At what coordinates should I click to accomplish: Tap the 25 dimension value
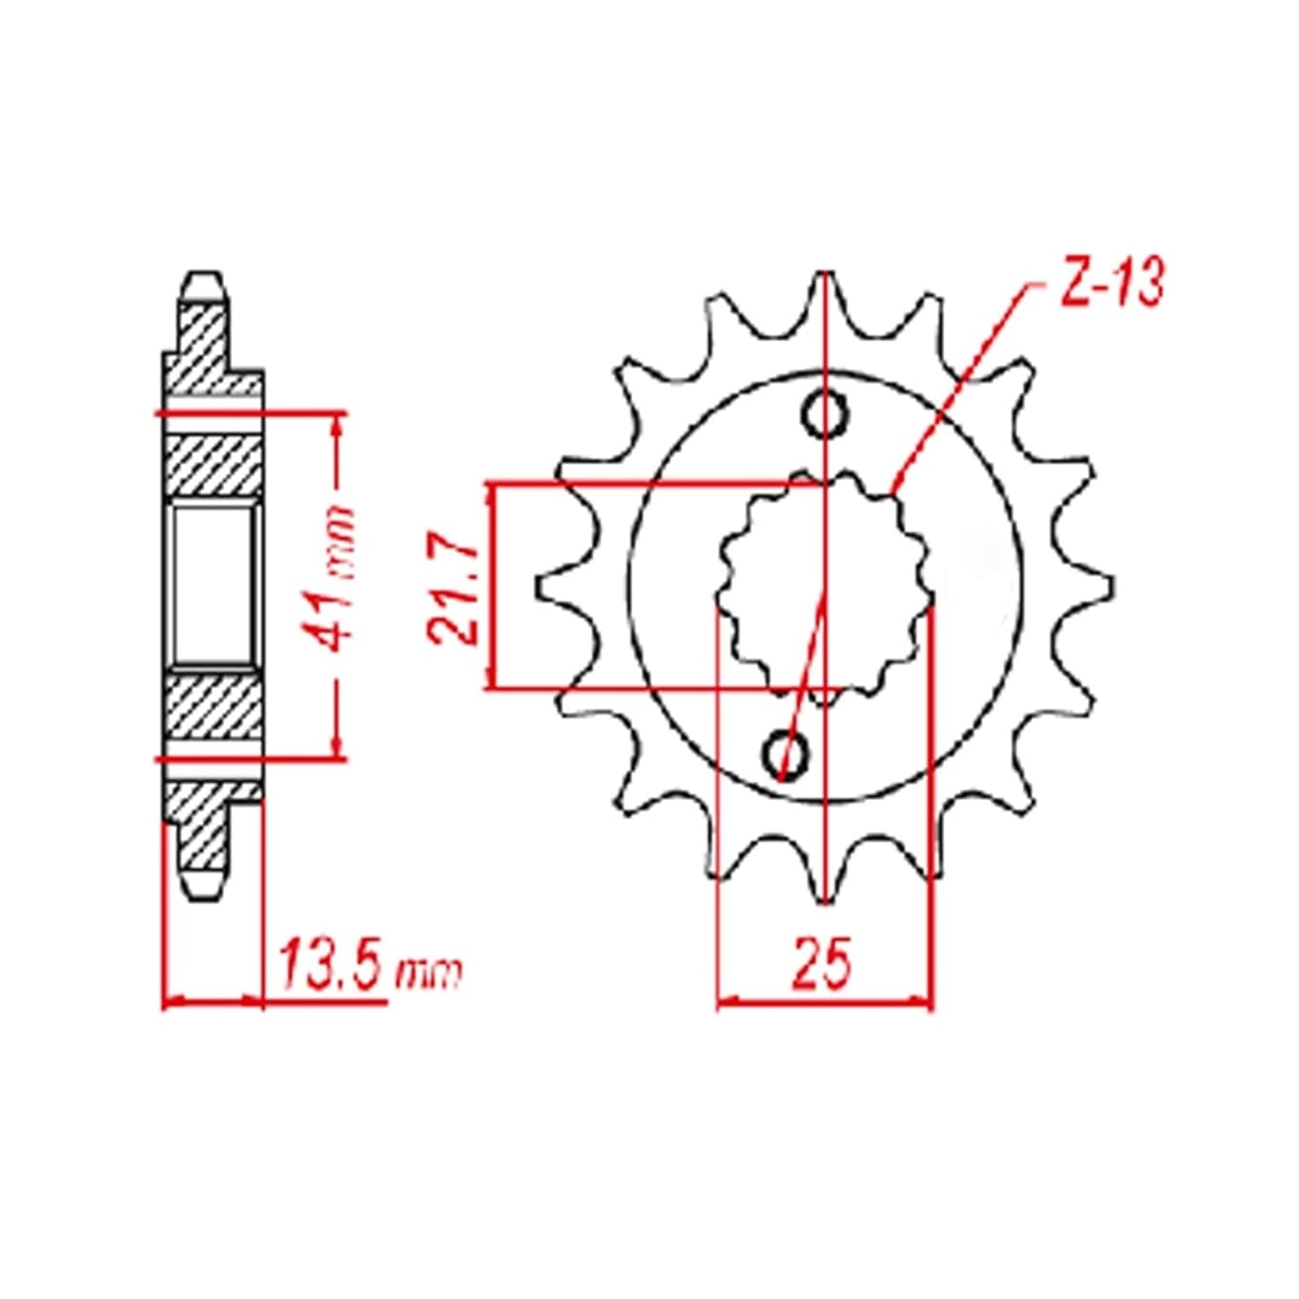click(x=820, y=962)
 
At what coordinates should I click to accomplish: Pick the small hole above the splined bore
click(x=826, y=414)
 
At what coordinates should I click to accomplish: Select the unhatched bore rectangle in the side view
click(x=213, y=587)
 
